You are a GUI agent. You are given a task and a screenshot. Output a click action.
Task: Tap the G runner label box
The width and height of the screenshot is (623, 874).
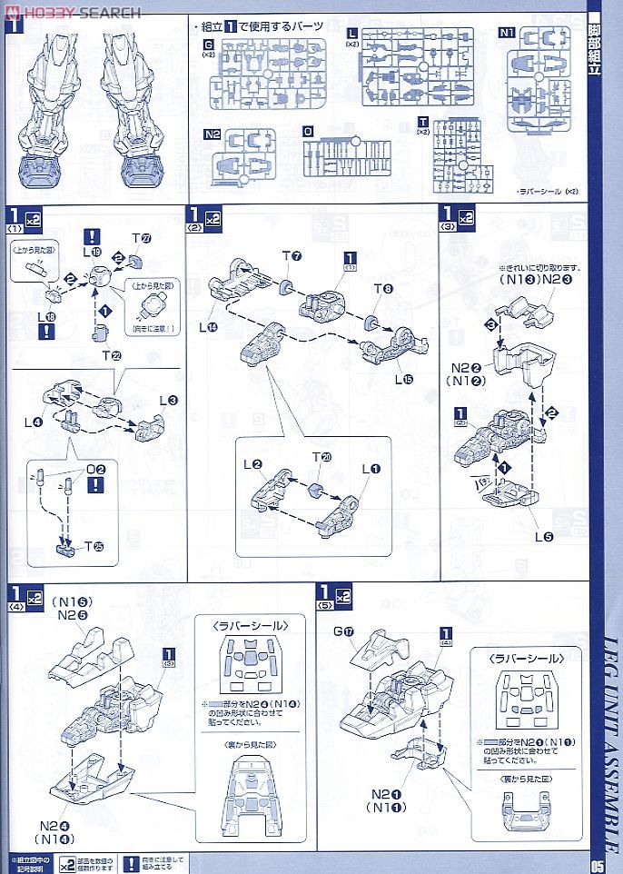210,43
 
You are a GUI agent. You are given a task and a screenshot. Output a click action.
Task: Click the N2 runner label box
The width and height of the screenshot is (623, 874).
213,134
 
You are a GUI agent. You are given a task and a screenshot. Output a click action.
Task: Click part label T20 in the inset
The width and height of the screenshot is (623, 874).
319,458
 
